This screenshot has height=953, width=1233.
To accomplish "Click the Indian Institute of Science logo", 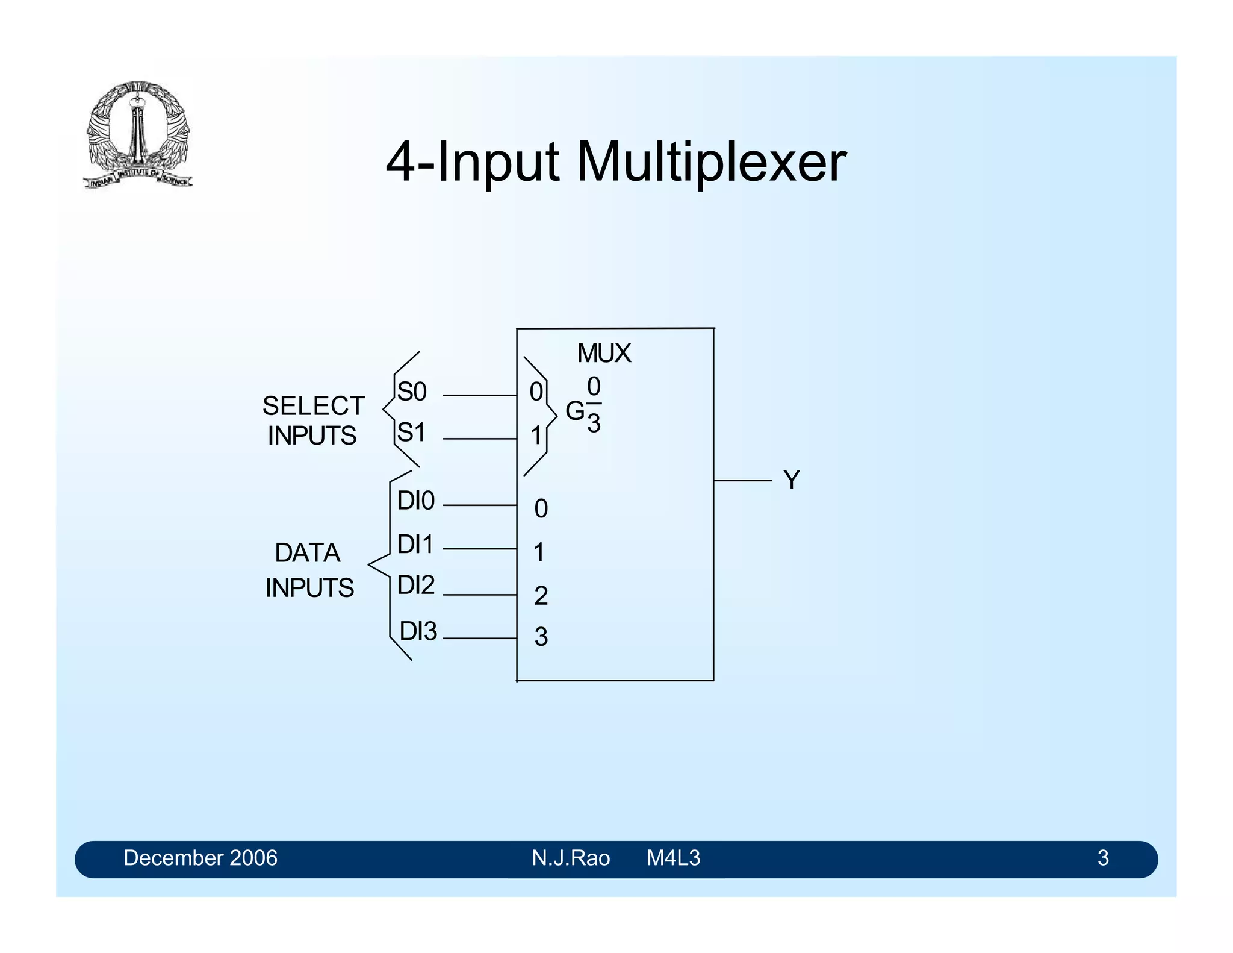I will point(138,134).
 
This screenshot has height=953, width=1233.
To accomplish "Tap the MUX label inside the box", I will point(604,354).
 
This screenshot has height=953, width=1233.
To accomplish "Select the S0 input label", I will point(412,392).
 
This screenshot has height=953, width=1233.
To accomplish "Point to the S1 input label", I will point(412,433).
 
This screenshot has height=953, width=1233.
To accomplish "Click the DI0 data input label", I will point(415,501).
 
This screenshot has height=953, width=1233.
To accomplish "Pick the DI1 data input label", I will point(415,545).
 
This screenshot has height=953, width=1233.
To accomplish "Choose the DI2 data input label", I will point(415,586).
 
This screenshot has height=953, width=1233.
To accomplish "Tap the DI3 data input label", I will point(418,632).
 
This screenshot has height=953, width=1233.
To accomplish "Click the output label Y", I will point(791,481).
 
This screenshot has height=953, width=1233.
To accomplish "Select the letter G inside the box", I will point(574,412).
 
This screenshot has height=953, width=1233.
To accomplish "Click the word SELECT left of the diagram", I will point(313,406).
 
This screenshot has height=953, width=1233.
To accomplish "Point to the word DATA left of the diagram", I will point(308,553).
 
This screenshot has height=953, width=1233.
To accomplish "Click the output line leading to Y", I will point(742,481).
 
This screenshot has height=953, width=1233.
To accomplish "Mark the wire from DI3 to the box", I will point(479,638).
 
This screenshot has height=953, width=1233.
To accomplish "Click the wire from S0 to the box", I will point(479,395).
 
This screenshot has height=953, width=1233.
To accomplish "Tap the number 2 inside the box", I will point(541,596).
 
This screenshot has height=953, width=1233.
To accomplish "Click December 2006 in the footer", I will point(200,858).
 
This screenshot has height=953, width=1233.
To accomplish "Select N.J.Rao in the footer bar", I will point(571,858).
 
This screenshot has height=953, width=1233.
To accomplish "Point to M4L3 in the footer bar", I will point(673,858).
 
